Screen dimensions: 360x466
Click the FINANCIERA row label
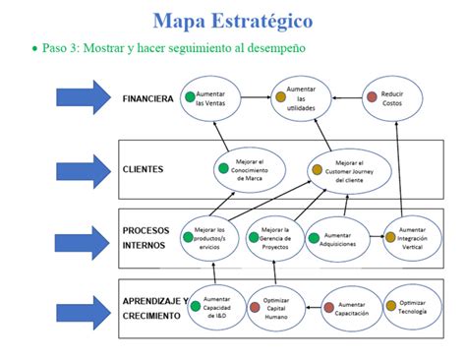tap(148, 98)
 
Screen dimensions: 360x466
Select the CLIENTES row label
tap(144, 168)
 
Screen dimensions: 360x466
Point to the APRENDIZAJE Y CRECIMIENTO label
tap(152, 307)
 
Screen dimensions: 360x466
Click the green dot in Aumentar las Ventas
tap(188, 96)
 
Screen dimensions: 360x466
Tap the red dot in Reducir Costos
tap(372, 95)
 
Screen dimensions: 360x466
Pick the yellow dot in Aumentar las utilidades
tap(278, 97)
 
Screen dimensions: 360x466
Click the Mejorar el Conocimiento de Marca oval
tap(252, 168)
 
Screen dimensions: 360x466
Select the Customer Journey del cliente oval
tap(350, 169)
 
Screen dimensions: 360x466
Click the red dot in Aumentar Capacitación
tap(330, 307)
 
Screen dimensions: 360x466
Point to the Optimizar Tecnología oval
tap(418, 306)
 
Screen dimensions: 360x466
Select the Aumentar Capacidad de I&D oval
tap(216, 307)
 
